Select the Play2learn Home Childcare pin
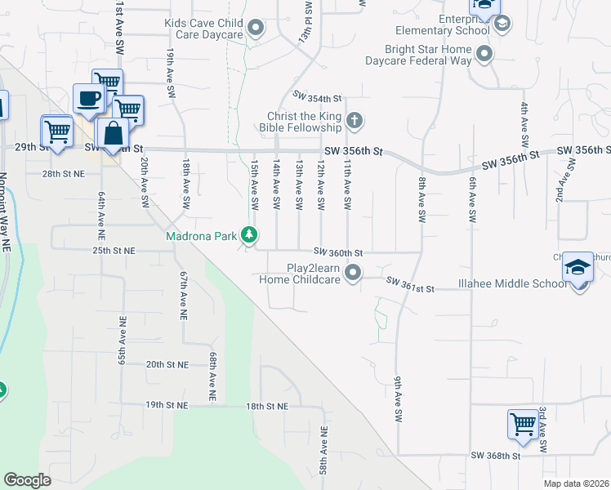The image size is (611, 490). pyautogui.click(x=353, y=272)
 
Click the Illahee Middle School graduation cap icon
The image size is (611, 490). pyautogui.click(x=578, y=269)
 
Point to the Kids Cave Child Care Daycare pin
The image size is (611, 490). pyautogui.click(x=256, y=29)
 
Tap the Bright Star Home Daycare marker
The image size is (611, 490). pyautogui.click(x=484, y=55)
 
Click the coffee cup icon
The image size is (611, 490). pyautogui.click(x=89, y=99)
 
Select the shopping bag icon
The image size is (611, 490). pyautogui.click(x=111, y=134)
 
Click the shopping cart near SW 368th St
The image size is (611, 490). pyautogui.click(x=523, y=424)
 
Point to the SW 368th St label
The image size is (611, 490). pyautogui.click(x=496, y=456)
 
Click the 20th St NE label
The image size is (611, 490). pyautogui.click(x=167, y=364)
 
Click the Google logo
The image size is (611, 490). pyautogui.click(x=27, y=480)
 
